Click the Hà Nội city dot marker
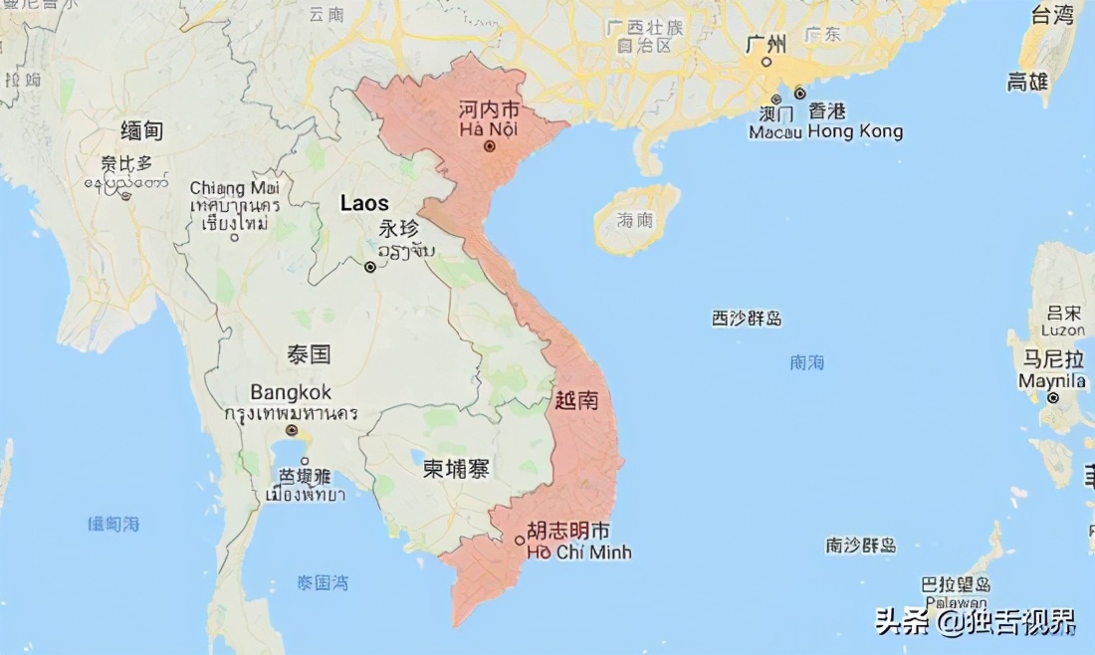tap(489, 146)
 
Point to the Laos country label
tap(364, 203)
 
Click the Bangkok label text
tap(291, 392)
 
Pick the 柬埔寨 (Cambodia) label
tap(456, 469)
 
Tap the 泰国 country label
tap(311, 354)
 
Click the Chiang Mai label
tap(235, 187)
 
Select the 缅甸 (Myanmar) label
tap(141, 130)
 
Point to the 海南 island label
tap(634, 220)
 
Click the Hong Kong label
tap(855, 131)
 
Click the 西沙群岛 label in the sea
tap(747, 319)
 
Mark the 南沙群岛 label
tap(860, 546)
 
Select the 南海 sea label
tap(806, 362)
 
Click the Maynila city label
tap(1052, 381)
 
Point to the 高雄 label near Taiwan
tap(1027, 82)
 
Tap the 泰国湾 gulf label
tap(323, 583)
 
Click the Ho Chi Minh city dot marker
tap(520, 541)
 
